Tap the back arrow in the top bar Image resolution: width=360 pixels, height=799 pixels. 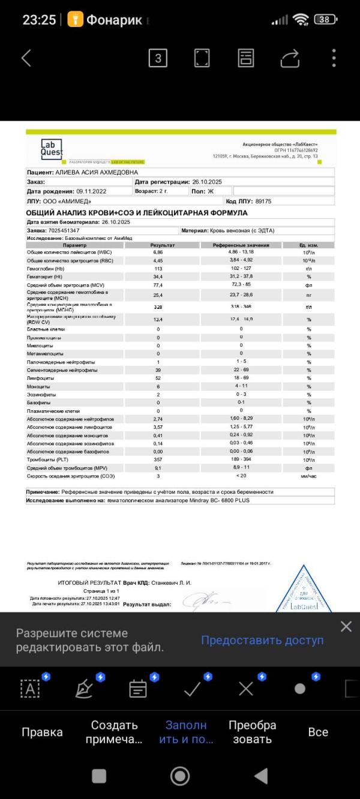[x=26, y=58]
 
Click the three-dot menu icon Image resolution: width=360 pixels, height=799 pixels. [x=334, y=58]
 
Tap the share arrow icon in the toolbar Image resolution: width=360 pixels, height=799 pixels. [x=290, y=58]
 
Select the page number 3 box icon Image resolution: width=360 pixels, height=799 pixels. [x=158, y=58]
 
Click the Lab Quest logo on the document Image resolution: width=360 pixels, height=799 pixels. [x=52, y=148]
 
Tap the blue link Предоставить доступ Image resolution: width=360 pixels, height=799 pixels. [x=262, y=640]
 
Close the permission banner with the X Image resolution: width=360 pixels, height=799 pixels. [x=346, y=626]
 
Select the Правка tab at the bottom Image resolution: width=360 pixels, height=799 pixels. [x=42, y=732]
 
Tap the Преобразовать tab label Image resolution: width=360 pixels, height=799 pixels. [x=253, y=732]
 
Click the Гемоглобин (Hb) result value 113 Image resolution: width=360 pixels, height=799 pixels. [x=158, y=268]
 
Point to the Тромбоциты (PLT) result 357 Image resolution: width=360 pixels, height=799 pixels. [x=158, y=459]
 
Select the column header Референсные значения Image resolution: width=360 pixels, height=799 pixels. [x=241, y=245]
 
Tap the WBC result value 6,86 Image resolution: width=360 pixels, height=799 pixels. [x=158, y=252]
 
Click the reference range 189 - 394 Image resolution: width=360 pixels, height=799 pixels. [x=241, y=459]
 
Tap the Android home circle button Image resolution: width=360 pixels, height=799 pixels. [x=180, y=776]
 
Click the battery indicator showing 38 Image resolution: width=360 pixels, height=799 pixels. [x=325, y=19]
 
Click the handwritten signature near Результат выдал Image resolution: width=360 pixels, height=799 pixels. [x=204, y=600]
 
